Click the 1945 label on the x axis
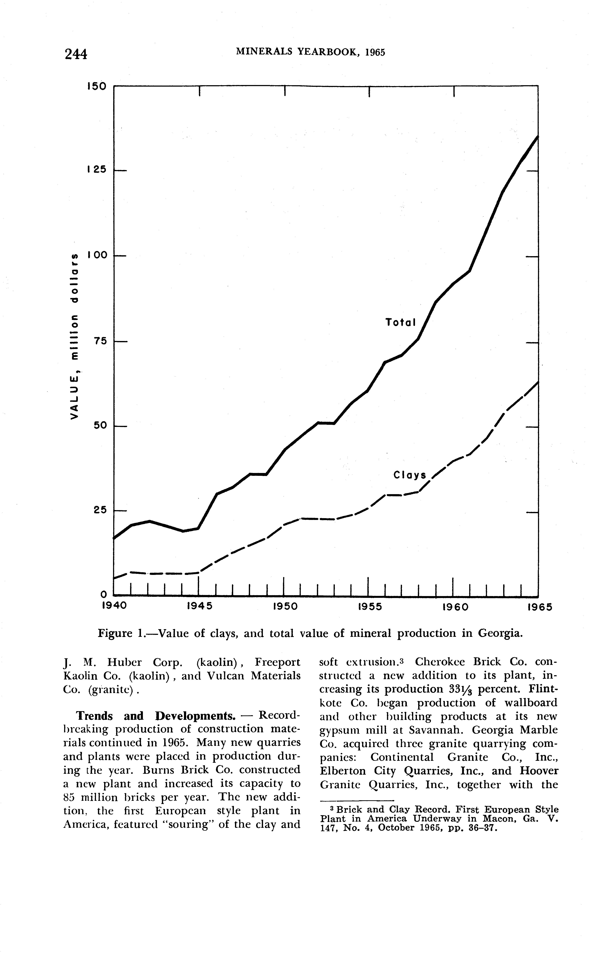coord(199,607)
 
